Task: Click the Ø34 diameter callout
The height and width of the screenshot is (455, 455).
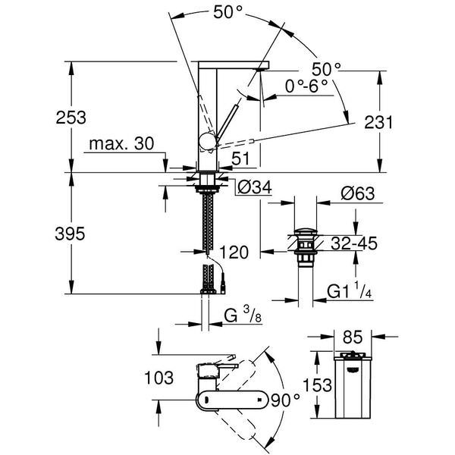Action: coord(254,186)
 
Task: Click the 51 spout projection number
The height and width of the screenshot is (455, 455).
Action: coord(241,158)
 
